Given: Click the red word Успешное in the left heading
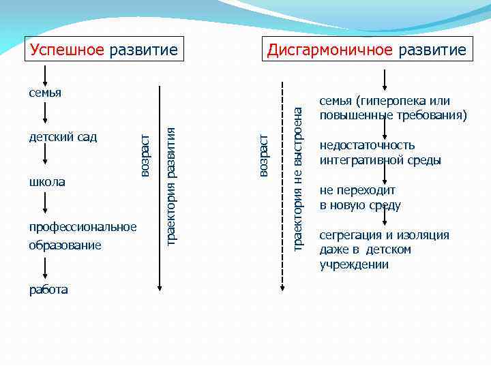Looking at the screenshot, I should (67, 50).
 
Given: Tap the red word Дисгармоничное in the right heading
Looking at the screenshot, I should (330, 50).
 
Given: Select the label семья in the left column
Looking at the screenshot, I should (45, 92).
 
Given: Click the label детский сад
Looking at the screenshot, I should (63, 137).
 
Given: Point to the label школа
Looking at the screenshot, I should (47, 182).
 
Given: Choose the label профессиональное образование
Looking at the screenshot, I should (83, 235).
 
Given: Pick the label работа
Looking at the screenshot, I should (48, 290).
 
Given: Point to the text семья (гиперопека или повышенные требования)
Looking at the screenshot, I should (393, 108).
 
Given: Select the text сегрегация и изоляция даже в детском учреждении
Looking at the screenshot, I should (384, 249).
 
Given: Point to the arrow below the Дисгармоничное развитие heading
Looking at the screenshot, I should (385, 79).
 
